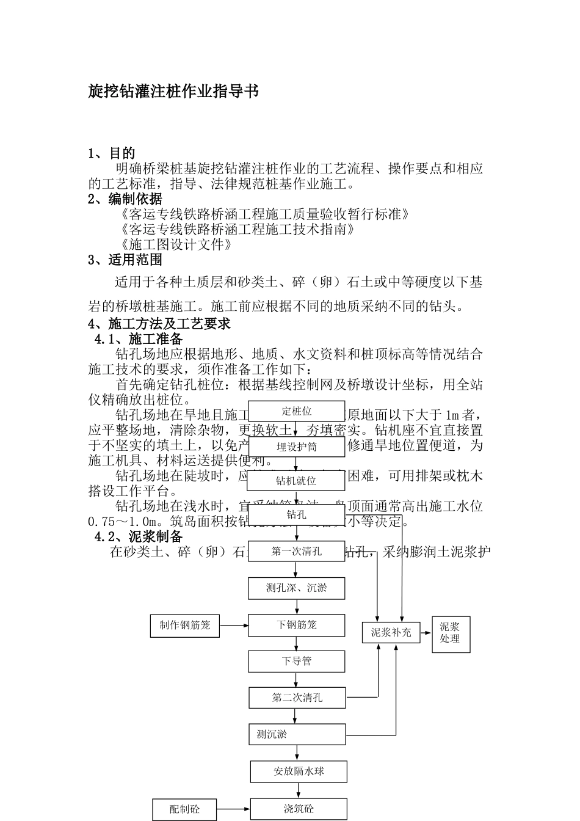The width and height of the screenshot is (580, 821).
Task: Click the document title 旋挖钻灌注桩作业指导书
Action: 173,92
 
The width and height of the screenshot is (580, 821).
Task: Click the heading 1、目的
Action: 112,153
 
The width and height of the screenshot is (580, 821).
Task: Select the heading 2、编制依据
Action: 125,199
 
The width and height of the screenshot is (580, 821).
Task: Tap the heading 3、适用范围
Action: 125,260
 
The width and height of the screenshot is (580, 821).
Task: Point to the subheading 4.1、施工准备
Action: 139,338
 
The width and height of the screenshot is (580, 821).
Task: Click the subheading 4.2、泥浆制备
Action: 139,537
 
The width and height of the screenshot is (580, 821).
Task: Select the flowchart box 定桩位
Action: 296,411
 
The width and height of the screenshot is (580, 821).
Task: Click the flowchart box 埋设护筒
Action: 296,447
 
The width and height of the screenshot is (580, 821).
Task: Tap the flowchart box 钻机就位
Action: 296,481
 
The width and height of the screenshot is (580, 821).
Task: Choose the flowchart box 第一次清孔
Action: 296,552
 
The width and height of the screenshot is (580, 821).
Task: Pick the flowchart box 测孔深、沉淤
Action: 296,588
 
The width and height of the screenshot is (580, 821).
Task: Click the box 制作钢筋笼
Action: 185,626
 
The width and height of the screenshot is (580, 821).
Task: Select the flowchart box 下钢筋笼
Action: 296,626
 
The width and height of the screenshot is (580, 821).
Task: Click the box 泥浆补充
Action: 391,633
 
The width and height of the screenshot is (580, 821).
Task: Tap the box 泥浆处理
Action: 451,633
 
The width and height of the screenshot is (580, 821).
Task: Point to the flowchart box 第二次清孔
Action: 297,698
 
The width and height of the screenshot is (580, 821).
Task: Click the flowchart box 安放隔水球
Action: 299,772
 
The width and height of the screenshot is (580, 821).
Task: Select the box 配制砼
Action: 184,810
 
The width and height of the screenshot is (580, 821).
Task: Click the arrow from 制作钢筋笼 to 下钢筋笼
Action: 233,626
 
